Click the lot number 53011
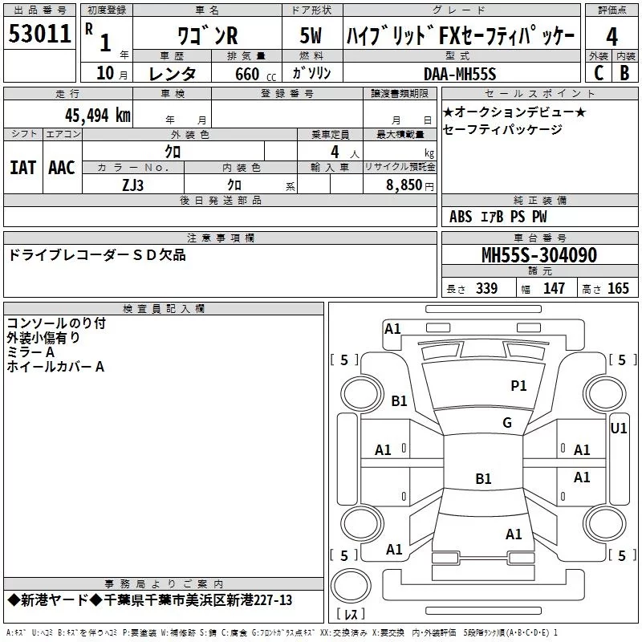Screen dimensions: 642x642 coord(40,34)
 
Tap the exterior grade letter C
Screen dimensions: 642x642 coord(599,72)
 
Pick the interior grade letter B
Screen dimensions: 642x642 coord(625,72)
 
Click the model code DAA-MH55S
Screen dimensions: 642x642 coord(460,73)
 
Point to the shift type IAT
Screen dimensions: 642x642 coord(22,168)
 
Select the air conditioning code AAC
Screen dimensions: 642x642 coord(62,168)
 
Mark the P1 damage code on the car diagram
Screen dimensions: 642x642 coord(518,386)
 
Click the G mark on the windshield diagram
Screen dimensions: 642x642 coord(506,423)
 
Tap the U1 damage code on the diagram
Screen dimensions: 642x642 coord(619,429)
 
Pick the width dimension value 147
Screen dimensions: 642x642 coord(554,289)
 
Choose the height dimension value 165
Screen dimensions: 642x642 coord(618,289)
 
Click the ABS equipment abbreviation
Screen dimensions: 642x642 coord(461,217)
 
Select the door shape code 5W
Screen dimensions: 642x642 coord(311,36)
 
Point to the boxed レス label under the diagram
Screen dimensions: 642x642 coord(351,615)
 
